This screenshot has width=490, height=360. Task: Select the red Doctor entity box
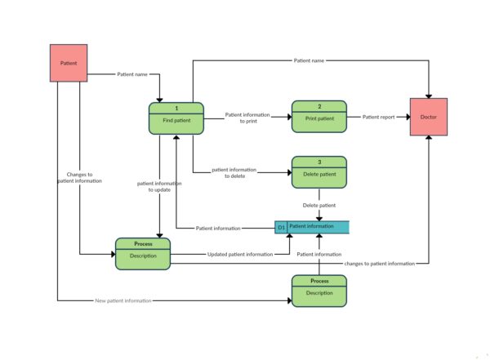[x=429, y=117]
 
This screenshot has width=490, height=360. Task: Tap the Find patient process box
[x=176, y=118]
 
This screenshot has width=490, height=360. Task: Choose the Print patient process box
[x=319, y=117]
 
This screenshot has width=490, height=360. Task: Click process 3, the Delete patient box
[x=319, y=172]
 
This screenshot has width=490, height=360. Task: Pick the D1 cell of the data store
[x=281, y=228]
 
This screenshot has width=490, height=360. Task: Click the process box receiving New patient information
[x=319, y=291]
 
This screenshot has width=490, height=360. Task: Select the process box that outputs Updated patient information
[x=142, y=254]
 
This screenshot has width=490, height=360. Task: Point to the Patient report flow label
[x=378, y=117]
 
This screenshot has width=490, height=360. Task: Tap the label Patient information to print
[x=247, y=118]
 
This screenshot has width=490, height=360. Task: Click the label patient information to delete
[x=234, y=172]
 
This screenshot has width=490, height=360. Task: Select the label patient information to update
[x=158, y=186]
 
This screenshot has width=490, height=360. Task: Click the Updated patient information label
[x=239, y=255]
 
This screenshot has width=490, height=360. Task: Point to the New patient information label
[x=123, y=301]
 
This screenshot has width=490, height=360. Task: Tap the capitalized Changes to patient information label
[x=79, y=177]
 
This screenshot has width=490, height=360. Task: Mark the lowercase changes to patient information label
[x=379, y=264]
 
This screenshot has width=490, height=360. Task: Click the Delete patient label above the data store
[x=319, y=205]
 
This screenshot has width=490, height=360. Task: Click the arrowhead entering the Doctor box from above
[x=429, y=95]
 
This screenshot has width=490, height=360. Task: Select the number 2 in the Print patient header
[x=319, y=107]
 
